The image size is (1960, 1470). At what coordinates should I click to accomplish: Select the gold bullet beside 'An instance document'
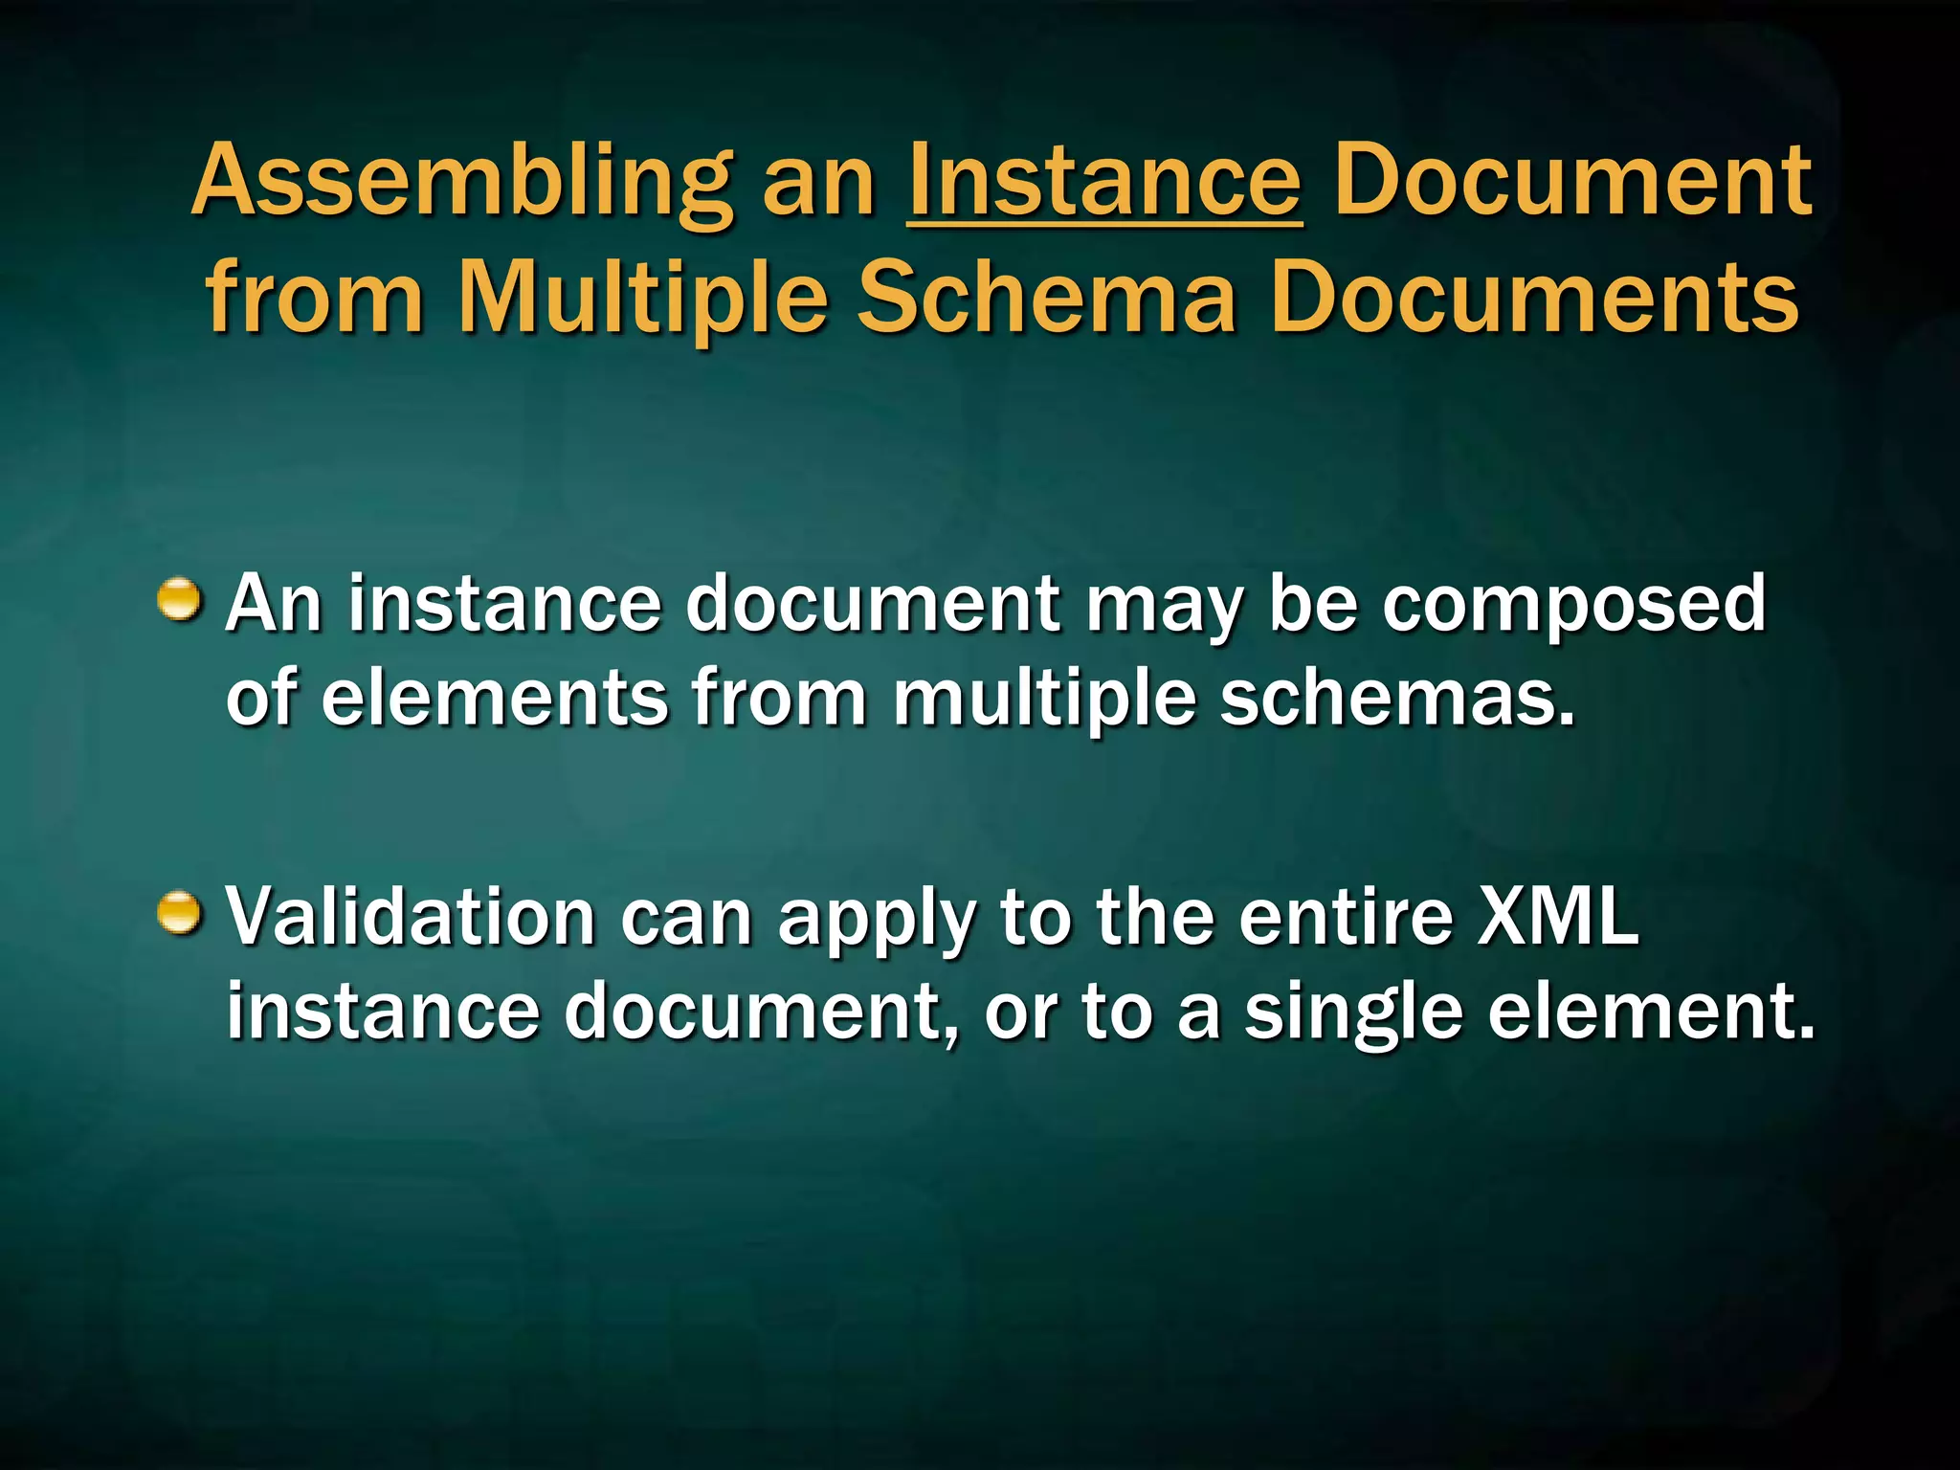click(180, 600)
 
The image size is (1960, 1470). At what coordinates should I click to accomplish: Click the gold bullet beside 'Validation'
click(180, 913)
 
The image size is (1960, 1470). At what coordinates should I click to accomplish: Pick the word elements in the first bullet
click(494, 697)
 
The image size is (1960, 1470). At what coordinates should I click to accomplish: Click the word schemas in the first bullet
click(1396, 697)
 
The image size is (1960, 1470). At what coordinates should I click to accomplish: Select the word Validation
click(411, 917)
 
